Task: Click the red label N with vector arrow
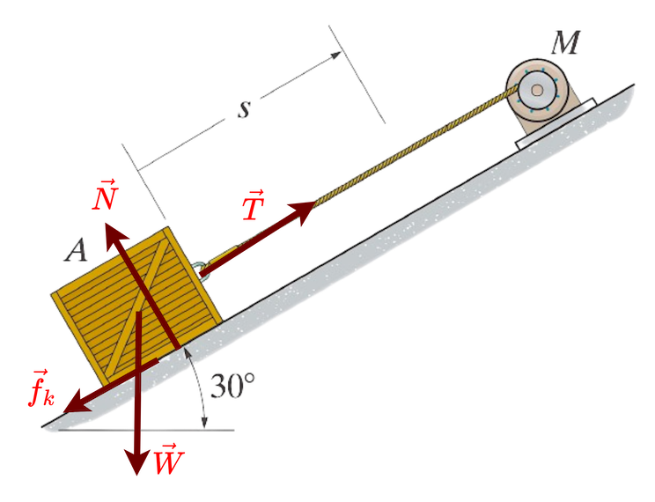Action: (105, 196)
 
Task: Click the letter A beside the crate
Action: (77, 252)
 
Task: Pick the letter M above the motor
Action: (564, 42)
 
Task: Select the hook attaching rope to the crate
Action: (202, 265)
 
